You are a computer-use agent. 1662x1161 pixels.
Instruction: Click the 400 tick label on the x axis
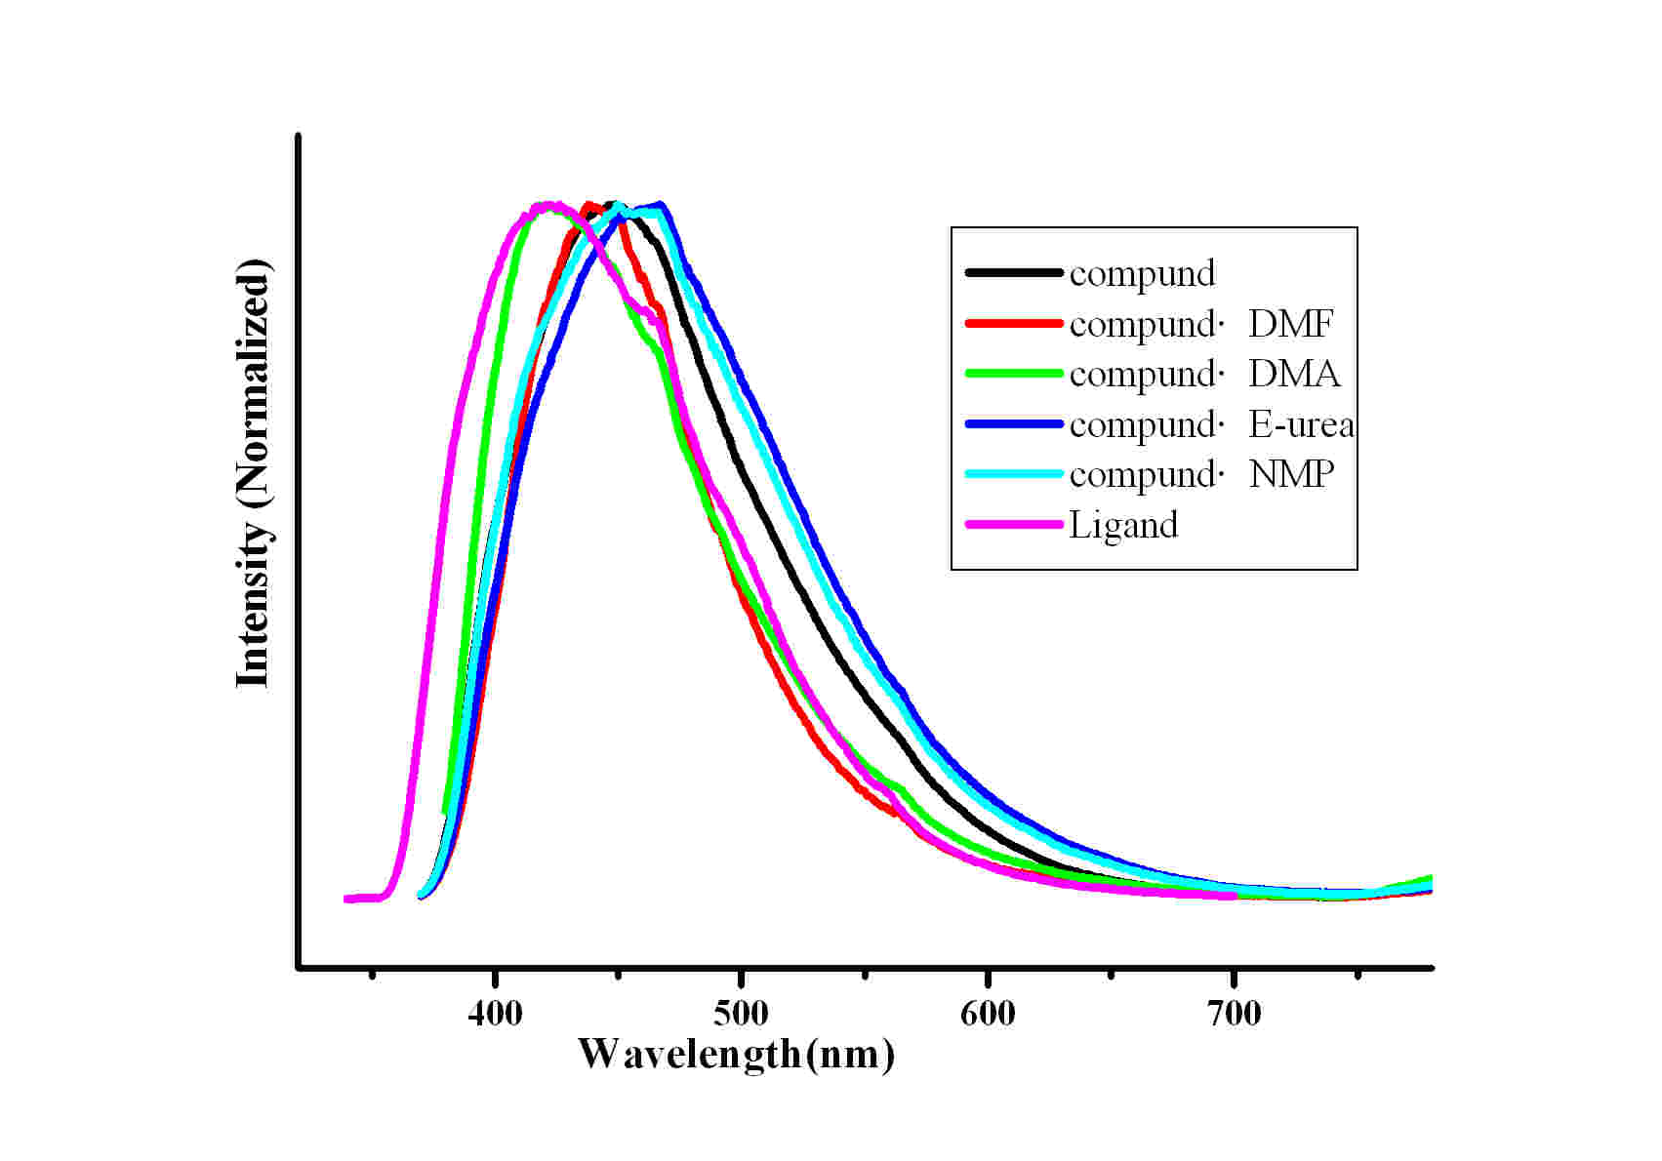pos(495,1015)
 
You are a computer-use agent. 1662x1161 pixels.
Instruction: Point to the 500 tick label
pos(741,1015)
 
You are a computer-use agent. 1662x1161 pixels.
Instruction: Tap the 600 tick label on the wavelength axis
pos(988,1015)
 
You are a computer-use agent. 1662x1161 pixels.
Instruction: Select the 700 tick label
pos(1234,1015)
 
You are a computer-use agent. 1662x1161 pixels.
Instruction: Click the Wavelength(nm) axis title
pos(736,1055)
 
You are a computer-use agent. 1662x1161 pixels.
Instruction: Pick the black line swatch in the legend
pos(1013,273)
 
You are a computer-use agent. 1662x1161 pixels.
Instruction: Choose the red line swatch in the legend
pos(1013,323)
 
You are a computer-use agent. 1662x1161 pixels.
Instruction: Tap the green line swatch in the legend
pos(1013,374)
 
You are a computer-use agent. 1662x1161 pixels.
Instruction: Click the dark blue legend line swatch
pos(1013,424)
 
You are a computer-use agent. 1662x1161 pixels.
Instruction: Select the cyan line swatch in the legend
pos(1013,474)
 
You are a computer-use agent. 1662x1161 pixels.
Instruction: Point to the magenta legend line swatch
pos(1013,525)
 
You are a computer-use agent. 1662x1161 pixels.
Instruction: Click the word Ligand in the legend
pos(1123,526)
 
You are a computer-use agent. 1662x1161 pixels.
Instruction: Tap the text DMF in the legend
pos(1290,324)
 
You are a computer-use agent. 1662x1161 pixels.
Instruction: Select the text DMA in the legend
pos(1294,375)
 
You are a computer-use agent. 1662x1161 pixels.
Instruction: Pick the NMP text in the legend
pos(1291,475)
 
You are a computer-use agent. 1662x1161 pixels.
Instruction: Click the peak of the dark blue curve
pos(661,205)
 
